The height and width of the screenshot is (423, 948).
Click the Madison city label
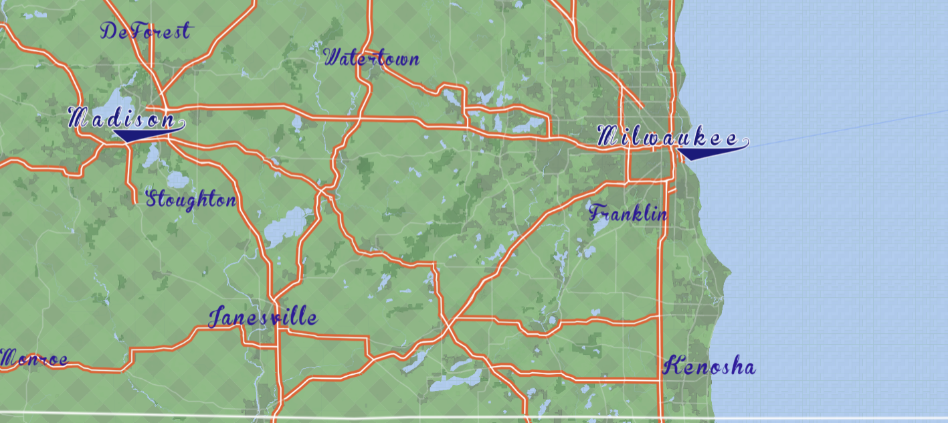[x=124, y=120]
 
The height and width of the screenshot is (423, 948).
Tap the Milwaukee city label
[x=669, y=139]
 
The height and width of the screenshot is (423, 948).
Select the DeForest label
[x=145, y=31]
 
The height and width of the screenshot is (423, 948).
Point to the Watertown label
[x=371, y=59]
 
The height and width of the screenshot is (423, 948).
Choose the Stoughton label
[x=191, y=199]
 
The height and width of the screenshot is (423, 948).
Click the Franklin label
[x=628, y=214]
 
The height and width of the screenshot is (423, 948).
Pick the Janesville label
[x=262, y=317]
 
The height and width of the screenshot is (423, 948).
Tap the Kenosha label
[x=709, y=367]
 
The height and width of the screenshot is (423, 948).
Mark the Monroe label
[x=33, y=359]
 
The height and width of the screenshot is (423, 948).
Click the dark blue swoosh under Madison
[x=137, y=135]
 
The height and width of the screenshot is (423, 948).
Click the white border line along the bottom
[x=468, y=416]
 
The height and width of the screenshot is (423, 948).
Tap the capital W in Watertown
[x=333, y=58]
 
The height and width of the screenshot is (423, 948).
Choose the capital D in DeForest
[x=109, y=30]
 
